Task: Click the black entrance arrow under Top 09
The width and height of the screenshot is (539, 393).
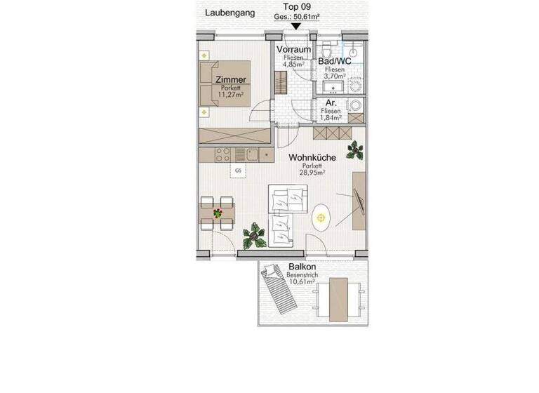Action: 296,27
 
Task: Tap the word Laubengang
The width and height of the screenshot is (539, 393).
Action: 229,12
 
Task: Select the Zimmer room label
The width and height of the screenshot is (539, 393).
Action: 231,80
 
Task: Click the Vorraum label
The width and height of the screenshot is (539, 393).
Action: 293,50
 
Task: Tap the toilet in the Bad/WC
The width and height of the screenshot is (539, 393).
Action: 327,51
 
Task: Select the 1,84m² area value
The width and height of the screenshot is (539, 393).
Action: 331,118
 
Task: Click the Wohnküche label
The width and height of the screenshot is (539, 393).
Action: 312,158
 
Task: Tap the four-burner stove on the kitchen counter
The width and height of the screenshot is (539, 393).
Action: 223,154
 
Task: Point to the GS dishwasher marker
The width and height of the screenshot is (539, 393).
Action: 238,170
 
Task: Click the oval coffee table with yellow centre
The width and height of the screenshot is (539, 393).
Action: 321,218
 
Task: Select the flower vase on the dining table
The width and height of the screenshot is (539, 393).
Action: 218,213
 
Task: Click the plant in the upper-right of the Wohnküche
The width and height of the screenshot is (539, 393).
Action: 355,149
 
